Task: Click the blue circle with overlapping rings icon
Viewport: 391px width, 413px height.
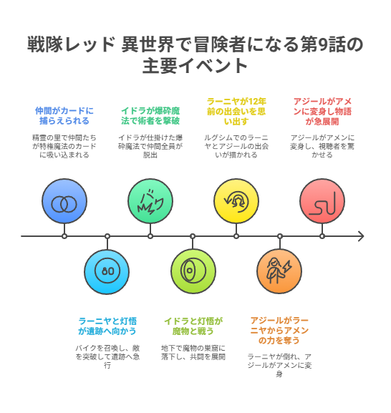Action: (x=64, y=201)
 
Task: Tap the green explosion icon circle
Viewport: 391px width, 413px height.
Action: (x=150, y=201)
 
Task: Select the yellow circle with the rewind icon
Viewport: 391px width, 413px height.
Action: (x=236, y=201)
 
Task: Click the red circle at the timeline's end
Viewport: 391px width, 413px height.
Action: (x=322, y=201)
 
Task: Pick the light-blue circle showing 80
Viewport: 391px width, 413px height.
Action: (x=107, y=271)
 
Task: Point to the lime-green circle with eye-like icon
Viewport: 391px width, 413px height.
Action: (x=193, y=271)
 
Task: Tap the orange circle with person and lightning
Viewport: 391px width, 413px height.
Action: (x=279, y=271)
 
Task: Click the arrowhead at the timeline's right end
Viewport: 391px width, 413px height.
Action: (x=361, y=236)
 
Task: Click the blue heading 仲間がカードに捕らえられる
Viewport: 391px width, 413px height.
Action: (x=64, y=116)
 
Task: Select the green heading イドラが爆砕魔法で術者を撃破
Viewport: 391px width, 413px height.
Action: (x=150, y=116)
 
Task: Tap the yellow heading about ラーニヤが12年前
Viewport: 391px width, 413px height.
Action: (x=236, y=112)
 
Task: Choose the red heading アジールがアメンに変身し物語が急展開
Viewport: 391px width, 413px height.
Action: (x=322, y=112)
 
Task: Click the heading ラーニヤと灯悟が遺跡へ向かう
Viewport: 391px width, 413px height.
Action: (x=107, y=326)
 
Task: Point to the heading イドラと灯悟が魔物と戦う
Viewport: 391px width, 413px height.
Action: (x=193, y=326)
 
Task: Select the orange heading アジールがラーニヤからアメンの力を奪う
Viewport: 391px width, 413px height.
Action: (x=279, y=331)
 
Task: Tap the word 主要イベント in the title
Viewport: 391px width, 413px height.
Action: (x=195, y=66)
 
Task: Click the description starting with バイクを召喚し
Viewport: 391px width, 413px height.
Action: (x=107, y=357)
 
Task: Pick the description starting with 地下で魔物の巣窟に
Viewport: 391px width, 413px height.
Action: (x=193, y=352)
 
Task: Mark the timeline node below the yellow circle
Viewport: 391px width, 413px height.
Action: (x=236, y=236)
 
